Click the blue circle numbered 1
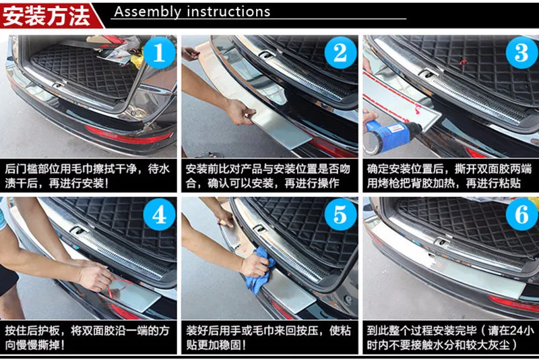click(159, 53)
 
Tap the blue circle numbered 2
click(340, 53)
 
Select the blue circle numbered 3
click(521, 53)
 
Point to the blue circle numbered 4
click(159, 214)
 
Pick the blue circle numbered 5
click(340, 214)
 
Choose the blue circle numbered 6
click(521, 214)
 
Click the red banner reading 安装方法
click(48, 16)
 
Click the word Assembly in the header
click(148, 12)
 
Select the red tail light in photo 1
click(128, 135)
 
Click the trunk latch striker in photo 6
click(443, 241)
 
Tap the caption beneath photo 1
click(88, 176)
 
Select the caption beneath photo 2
click(268, 176)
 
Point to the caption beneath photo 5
click(268, 337)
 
